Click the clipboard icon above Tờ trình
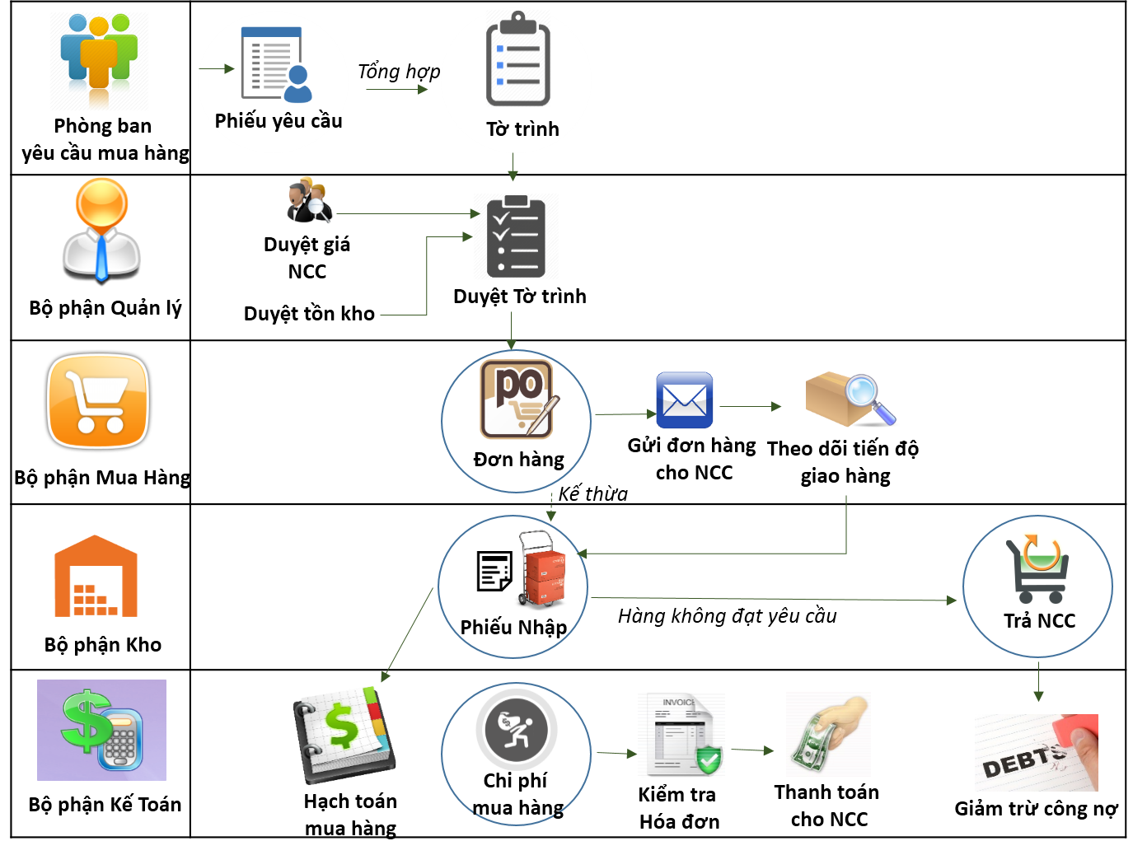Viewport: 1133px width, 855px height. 517,58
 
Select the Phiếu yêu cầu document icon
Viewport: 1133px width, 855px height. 276,64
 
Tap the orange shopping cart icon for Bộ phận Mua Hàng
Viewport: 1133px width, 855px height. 98,401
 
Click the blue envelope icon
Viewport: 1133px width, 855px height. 684,399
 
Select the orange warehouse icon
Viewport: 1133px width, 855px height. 96,576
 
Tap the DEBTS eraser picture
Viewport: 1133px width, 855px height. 1036,752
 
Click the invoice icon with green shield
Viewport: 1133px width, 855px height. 681,734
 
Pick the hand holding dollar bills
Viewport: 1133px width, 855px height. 828,734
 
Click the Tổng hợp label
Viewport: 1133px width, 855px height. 399,72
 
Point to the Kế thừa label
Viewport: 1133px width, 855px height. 593,493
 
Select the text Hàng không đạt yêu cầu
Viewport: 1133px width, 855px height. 728,616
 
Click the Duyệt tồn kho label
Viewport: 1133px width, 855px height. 309,314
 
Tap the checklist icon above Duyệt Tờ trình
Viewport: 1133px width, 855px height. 516,236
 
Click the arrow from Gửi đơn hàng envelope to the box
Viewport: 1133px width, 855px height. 750,407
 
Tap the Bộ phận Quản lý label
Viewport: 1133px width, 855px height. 105,308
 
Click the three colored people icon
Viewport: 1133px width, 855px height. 99,58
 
